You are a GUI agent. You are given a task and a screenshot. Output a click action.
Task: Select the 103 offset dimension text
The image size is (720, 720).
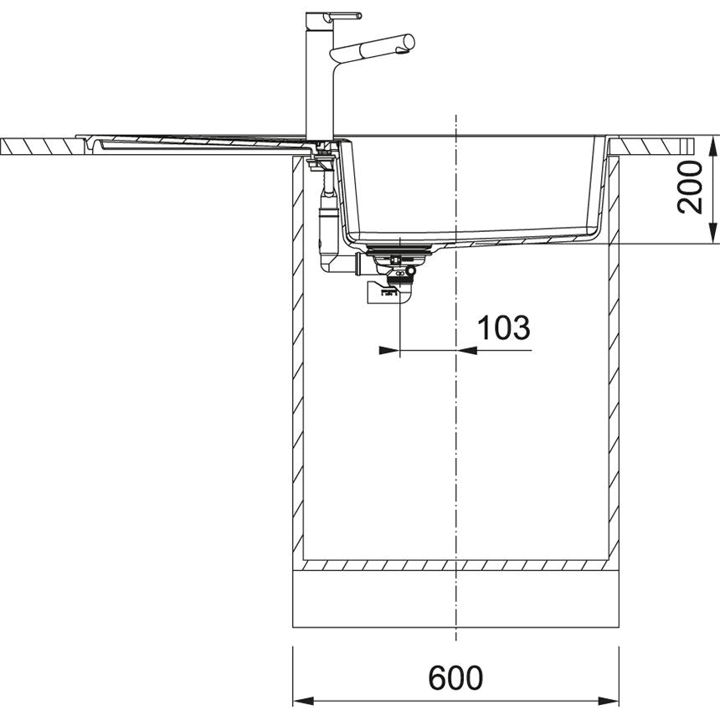click(x=504, y=327)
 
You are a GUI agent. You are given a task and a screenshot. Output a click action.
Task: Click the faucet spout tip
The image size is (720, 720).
click(x=410, y=42)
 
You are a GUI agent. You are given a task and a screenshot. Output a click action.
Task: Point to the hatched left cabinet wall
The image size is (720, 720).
click(x=297, y=360)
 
